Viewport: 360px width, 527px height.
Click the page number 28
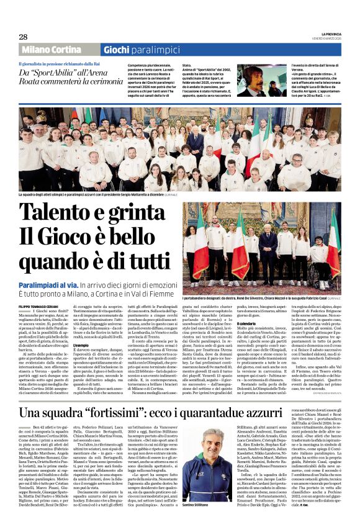pos(24,37)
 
